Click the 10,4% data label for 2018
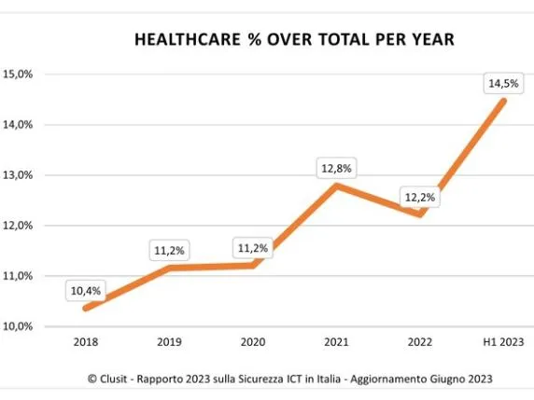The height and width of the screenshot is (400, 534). [84, 291]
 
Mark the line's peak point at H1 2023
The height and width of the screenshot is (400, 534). [504, 101]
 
